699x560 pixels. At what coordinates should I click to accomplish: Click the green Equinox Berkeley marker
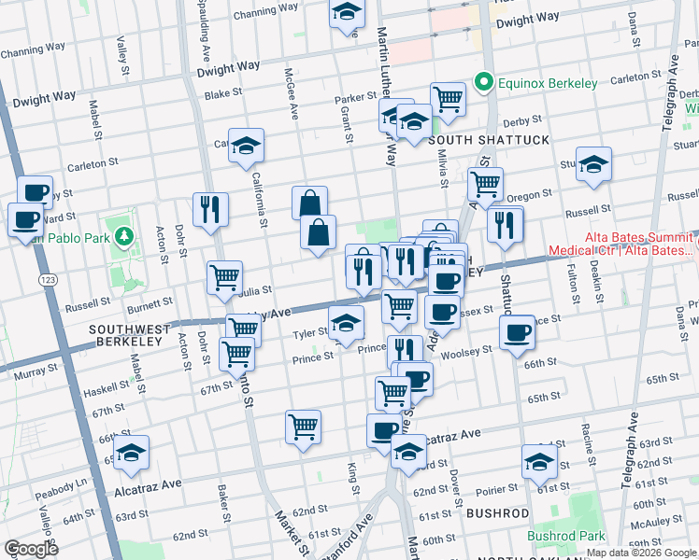pos(484,83)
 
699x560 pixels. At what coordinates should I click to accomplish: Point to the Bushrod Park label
pos(565,536)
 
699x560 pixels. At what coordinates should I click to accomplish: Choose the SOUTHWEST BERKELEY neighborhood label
pos(130,337)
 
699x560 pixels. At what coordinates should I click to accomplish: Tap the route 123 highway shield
pos(44,279)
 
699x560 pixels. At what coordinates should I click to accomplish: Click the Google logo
pos(32,548)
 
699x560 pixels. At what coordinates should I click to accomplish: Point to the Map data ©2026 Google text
pos(641,552)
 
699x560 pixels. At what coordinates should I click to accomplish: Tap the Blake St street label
pos(223,94)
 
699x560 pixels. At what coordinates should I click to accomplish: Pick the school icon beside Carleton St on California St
pos(246,146)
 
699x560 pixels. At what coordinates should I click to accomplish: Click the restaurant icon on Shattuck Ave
pos(505,224)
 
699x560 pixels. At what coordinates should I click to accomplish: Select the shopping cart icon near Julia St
pos(224,277)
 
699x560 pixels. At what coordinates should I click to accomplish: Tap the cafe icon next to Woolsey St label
pos(516,332)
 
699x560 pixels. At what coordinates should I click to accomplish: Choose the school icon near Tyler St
pos(346,323)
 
